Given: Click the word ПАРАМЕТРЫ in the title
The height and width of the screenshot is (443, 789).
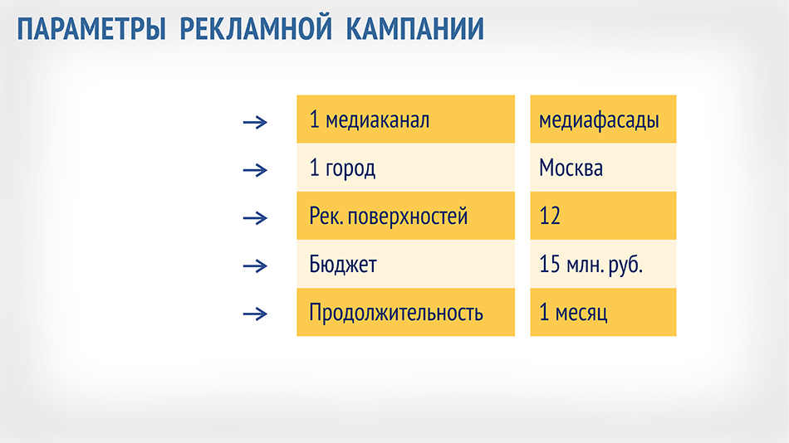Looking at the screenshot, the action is click(x=91, y=29).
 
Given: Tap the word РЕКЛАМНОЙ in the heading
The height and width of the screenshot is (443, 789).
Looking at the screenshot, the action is click(x=256, y=29).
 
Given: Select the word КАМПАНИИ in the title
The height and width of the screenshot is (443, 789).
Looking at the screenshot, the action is click(x=414, y=29).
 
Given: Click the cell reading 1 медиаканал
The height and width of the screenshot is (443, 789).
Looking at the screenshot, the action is click(x=405, y=119).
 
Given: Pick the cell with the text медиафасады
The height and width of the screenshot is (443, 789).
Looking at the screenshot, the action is click(x=603, y=119).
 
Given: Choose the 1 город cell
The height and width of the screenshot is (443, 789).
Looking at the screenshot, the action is click(x=405, y=168).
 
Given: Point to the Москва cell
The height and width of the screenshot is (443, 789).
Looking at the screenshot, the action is click(x=603, y=168).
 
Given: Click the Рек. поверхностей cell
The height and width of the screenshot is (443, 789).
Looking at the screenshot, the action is click(x=405, y=216).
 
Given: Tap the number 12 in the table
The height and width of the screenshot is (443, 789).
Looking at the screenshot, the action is click(x=550, y=216).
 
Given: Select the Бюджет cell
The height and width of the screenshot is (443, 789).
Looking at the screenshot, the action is click(x=405, y=264).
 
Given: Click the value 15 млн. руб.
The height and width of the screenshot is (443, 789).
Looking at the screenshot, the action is click(x=591, y=265).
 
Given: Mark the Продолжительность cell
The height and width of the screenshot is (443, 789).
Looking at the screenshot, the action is click(x=405, y=312).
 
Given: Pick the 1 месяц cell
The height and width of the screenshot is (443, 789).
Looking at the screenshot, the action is click(x=603, y=312).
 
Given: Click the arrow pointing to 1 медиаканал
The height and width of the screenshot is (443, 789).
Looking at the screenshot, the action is click(x=255, y=122).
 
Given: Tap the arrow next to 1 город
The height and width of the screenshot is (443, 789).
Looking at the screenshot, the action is click(x=255, y=170).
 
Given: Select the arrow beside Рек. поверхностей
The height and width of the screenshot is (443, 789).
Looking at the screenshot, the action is click(x=255, y=218).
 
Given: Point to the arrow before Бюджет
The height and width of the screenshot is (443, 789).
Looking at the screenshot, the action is click(x=255, y=266).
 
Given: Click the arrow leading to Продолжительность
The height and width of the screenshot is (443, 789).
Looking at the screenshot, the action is click(x=255, y=314).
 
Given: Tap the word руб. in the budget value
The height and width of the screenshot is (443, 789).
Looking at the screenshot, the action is click(x=625, y=265).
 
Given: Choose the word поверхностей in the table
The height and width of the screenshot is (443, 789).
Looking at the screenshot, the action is click(x=408, y=217).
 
